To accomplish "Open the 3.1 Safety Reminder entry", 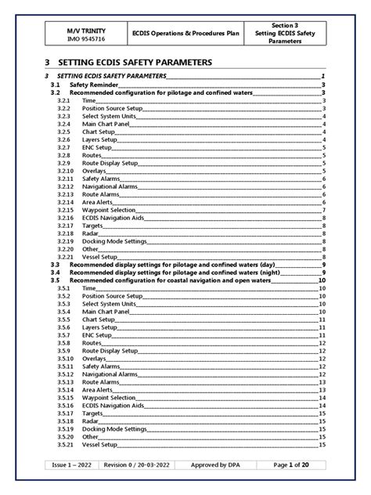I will (x=95, y=85).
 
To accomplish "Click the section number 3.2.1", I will (x=64, y=101).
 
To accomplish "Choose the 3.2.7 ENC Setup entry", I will (x=98, y=147).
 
